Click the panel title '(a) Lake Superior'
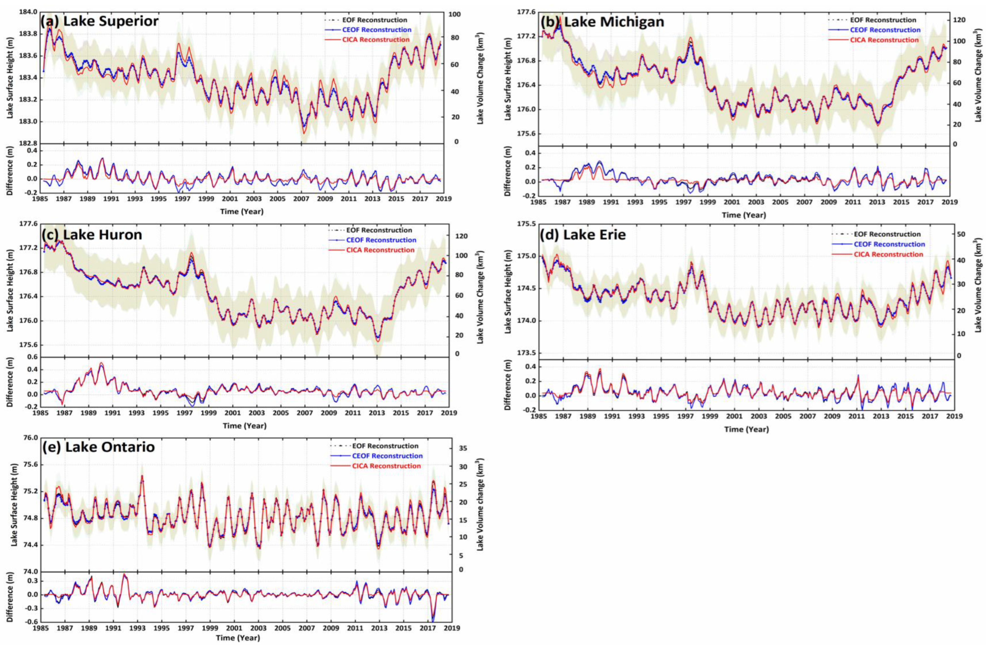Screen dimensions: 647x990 click(99, 21)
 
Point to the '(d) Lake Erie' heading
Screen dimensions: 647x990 click(583, 235)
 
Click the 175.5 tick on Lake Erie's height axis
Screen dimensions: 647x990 click(526, 224)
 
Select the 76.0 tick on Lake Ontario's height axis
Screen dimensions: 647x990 click(31, 438)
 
